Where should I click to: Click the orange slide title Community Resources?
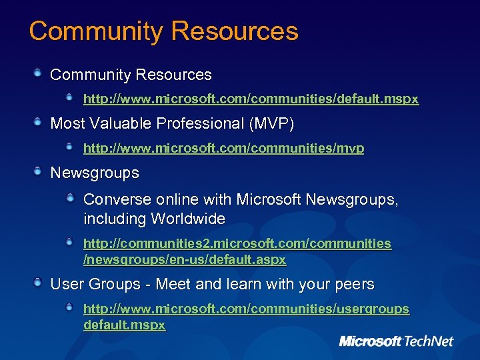[x=163, y=31]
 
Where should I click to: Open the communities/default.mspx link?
[x=251, y=99]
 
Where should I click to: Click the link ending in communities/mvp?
[x=223, y=149]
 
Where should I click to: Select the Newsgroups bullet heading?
[x=95, y=173]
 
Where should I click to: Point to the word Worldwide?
[x=188, y=219]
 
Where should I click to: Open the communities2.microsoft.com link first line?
[x=237, y=244]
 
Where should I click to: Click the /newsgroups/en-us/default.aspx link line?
[x=184, y=259]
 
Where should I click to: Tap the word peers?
[x=355, y=285]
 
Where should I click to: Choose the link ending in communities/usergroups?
[x=246, y=309]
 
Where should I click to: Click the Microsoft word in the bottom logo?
[x=370, y=341]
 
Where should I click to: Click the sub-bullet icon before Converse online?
[x=71, y=197]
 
